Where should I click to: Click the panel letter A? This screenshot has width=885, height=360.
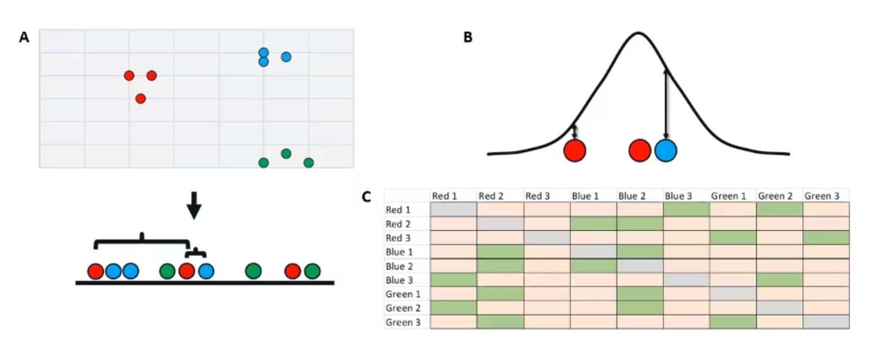(x=24, y=37)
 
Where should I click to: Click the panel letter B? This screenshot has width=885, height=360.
(x=467, y=37)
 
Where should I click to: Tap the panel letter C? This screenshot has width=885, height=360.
(x=366, y=197)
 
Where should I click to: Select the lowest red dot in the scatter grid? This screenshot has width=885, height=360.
(x=140, y=99)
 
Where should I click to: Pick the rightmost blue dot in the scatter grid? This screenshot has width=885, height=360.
(x=286, y=57)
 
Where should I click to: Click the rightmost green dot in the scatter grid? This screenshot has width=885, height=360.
(x=309, y=163)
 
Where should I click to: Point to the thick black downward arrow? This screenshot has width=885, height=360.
(x=194, y=206)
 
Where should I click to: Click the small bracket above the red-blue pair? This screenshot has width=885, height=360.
(x=195, y=252)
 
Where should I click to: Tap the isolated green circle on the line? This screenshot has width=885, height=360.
(x=253, y=271)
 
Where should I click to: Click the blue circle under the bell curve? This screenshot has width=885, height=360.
(x=665, y=151)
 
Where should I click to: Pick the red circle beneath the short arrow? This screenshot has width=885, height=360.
(x=574, y=151)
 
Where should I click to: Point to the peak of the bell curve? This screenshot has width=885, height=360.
(x=638, y=33)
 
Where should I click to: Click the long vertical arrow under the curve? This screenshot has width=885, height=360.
(x=666, y=104)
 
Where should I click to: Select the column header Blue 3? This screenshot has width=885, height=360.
(x=678, y=196)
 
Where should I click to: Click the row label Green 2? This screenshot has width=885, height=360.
(x=403, y=308)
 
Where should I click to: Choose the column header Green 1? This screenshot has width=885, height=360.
(x=729, y=196)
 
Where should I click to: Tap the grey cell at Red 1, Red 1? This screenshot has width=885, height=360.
(x=454, y=209)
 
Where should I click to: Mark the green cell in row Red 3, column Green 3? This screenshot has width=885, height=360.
(x=826, y=238)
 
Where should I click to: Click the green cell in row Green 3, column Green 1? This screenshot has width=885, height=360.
(x=733, y=322)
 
